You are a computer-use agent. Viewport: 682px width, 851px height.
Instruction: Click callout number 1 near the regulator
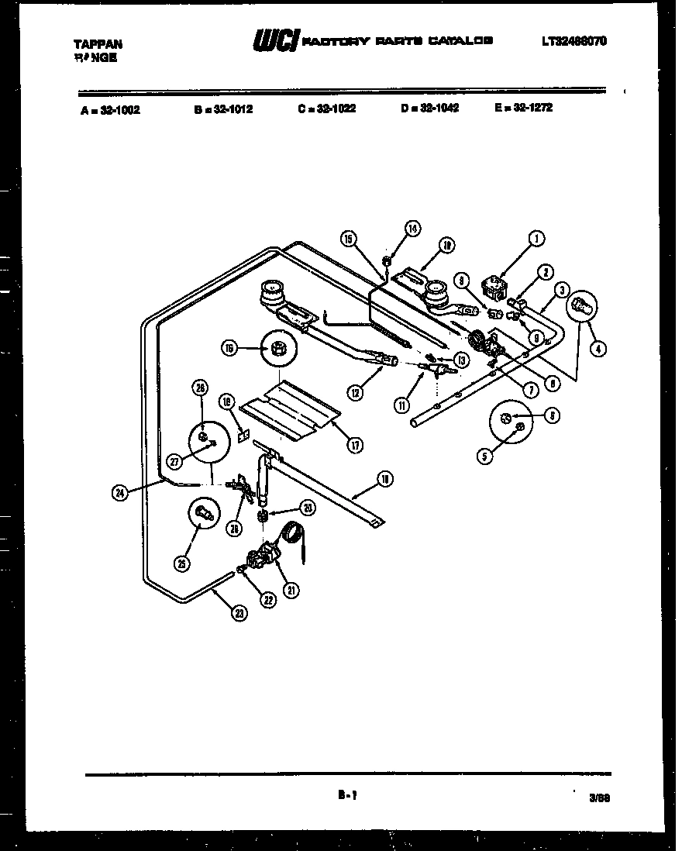click(x=535, y=239)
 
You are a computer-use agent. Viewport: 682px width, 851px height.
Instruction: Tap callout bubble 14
click(x=412, y=228)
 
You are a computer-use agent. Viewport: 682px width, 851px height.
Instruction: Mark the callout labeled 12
click(x=355, y=392)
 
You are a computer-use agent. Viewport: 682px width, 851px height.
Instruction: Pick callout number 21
click(x=292, y=590)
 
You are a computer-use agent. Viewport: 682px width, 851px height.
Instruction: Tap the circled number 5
click(x=484, y=457)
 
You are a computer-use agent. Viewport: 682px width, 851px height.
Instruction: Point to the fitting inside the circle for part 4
click(x=584, y=307)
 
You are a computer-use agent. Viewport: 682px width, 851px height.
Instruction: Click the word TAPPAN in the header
click(x=97, y=44)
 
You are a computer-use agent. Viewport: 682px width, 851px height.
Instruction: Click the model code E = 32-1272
click(x=523, y=108)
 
